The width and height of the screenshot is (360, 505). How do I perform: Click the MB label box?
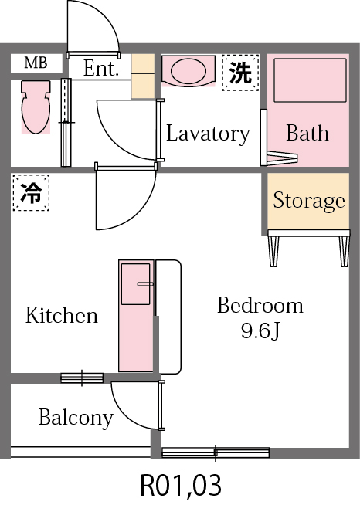[x=36, y=63]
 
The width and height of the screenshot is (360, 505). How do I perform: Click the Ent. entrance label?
[x=100, y=69]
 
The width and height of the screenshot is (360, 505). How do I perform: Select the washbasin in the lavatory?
[x=188, y=72]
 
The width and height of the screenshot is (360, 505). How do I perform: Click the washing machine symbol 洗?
[x=239, y=73]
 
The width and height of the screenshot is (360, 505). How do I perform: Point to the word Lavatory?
[x=208, y=134]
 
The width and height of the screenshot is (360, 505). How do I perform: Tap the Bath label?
[x=307, y=134]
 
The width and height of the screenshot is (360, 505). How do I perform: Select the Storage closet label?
[x=308, y=202]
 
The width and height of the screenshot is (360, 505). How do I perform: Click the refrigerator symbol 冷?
[x=31, y=193]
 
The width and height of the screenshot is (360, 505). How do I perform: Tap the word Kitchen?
[x=62, y=315]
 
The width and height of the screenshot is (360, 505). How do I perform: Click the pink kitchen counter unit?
[x=135, y=317]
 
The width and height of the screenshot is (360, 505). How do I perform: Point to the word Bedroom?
[x=260, y=305]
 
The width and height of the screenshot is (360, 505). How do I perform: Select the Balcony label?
[x=76, y=419]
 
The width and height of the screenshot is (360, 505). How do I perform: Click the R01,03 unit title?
[x=181, y=486]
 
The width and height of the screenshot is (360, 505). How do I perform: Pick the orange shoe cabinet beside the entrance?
[x=143, y=76]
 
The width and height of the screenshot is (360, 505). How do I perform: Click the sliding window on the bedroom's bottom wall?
[x=216, y=452]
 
